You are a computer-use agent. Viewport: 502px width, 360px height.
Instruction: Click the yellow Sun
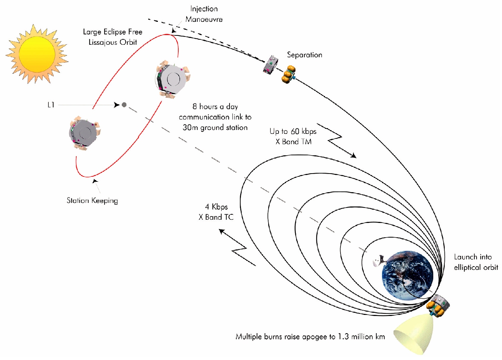pyautogui.click(x=37, y=54)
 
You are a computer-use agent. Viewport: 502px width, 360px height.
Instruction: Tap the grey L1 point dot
pyautogui.click(x=124, y=105)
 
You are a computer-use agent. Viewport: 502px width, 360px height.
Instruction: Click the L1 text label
pyautogui.click(x=51, y=105)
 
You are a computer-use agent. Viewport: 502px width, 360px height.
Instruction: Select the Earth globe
pyautogui.click(x=407, y=274)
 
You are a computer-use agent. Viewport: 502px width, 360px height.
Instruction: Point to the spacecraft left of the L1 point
pyautogui.click(x=85, y=133)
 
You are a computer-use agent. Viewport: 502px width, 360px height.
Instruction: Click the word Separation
pyautogui.click(x=304, y=55)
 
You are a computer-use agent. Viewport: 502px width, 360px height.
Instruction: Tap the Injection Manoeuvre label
pyautogui.click(x=204, y=14)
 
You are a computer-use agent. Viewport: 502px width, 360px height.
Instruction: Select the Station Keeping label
pyautogui.click(x=92, y=200)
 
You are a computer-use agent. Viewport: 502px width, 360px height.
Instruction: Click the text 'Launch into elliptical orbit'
pyautogui.click(x=476, y=262)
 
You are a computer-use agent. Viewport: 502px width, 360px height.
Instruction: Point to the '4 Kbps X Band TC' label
pyautogui.click(x=216, y=212)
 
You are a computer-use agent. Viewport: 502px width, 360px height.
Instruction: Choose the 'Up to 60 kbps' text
pyautogui.click(x=293, y=131)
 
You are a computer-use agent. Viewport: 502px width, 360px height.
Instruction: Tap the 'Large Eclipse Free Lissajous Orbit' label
pyautogui.click(x=112, y=37)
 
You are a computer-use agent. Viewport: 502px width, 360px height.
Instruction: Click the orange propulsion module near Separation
pyautogui.click(x=289, y=74)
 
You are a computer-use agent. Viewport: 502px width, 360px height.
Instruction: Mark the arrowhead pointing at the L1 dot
pyautogui.click(x=116, y=105)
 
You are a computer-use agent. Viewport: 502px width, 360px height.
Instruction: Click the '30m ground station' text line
pyautogui.click(x=215, y=127)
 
